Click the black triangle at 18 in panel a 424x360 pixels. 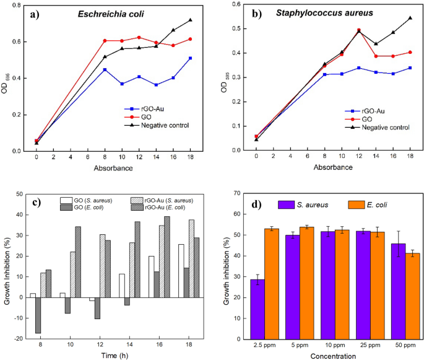coord(190,20)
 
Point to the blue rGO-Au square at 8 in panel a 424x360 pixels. coord(105,69)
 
